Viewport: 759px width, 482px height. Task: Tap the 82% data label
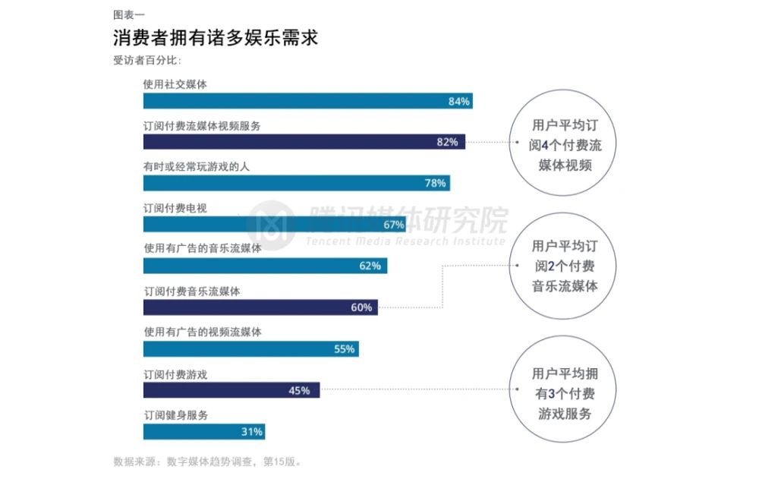click(x=447, y=143)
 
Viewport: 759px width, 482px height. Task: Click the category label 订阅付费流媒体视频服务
click(x=202, y=126)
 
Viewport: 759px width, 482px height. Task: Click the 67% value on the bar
click(x=393, y=225)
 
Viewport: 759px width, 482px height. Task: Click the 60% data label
click(x=361, y=307)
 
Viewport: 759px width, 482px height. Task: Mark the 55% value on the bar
click(x=344, y=349)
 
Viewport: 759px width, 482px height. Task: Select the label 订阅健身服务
click(x=175, y=414)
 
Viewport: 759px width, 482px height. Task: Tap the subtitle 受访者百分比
click(x=147, y=61)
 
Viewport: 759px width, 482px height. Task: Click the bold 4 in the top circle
click(x=544, y=145)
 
